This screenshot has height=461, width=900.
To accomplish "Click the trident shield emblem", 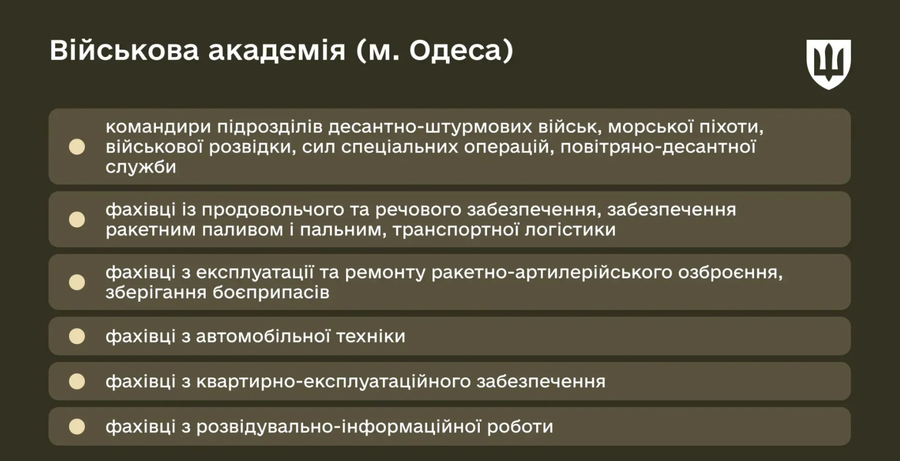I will point(828,64).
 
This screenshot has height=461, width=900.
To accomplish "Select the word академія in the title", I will point(277,50).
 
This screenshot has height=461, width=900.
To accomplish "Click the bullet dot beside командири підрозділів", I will point(77,147).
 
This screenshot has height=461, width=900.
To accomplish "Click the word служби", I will point(141,167).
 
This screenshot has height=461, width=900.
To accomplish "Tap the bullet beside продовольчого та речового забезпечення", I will point(77,220).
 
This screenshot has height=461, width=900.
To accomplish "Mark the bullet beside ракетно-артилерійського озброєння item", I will point(77,283).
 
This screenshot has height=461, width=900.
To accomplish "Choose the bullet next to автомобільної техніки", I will point(77,336).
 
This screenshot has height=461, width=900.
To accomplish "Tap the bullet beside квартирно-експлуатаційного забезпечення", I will point(77,382).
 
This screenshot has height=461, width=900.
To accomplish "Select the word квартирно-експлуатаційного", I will point(333,382).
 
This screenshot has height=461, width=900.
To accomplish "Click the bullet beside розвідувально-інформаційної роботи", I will point(77,427).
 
